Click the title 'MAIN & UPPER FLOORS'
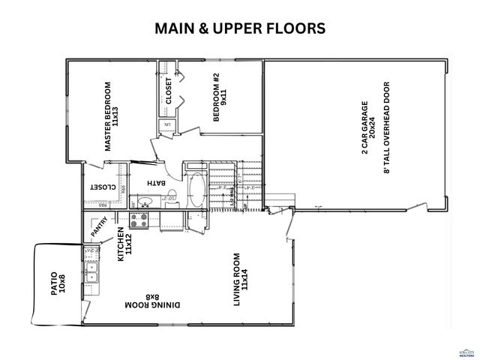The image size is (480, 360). point(239,28)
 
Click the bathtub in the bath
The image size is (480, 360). point(196,192)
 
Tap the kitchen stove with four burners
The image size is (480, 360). point(139,220)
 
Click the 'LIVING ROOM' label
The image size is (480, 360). point(241,279)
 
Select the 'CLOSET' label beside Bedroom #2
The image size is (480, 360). point(169,91)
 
